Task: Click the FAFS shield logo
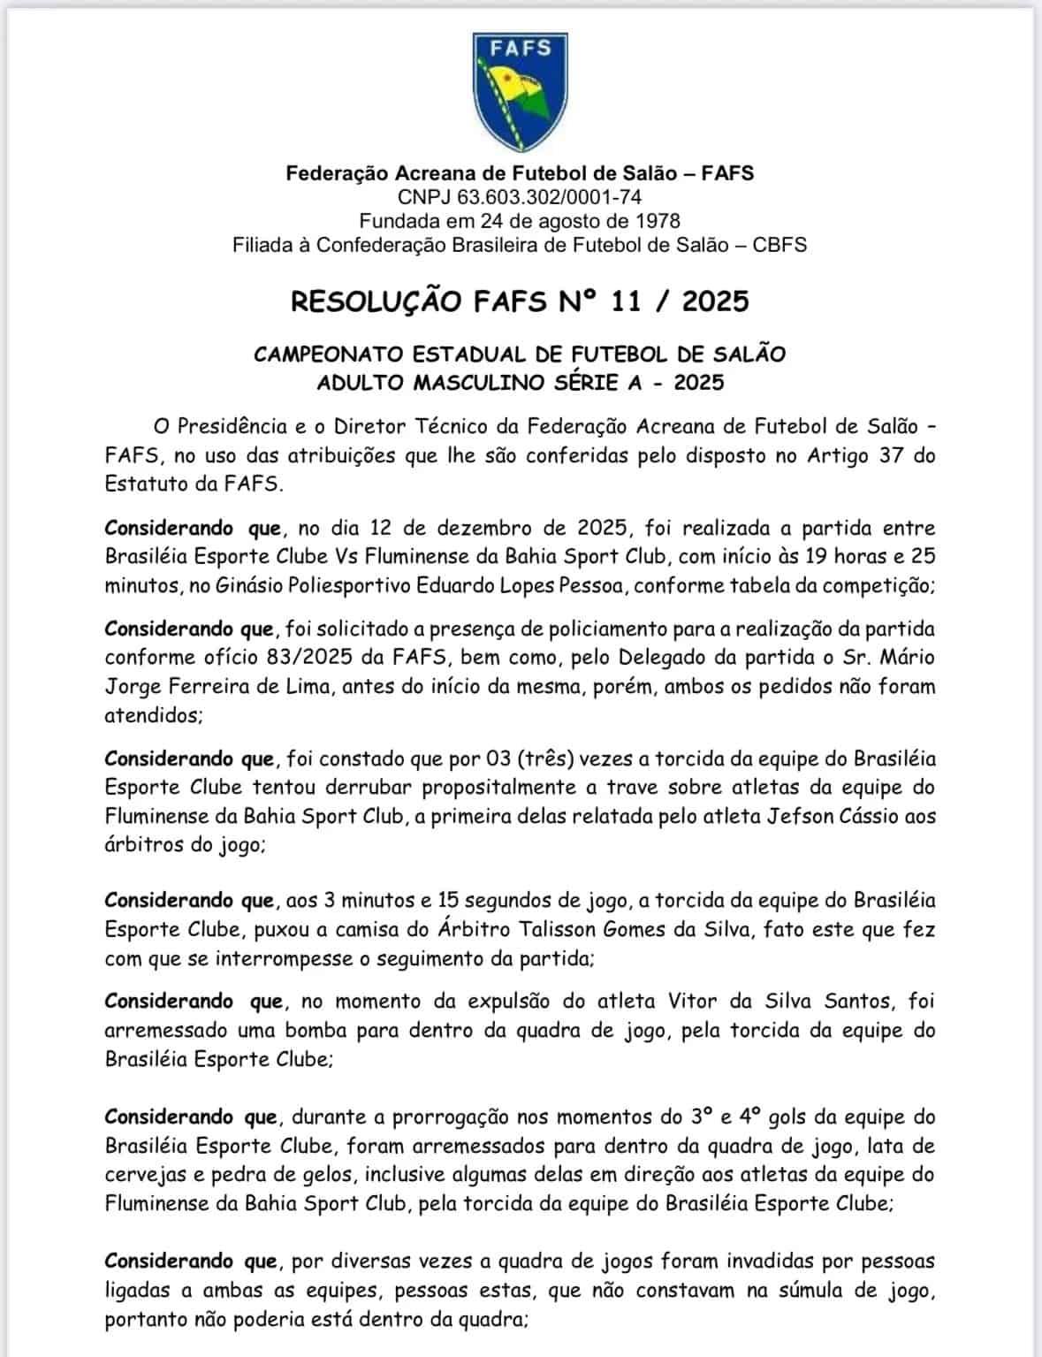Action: click(x=520, y=92)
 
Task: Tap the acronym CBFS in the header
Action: click(x=779, y=245)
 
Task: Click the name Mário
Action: click(x=907, y=658)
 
